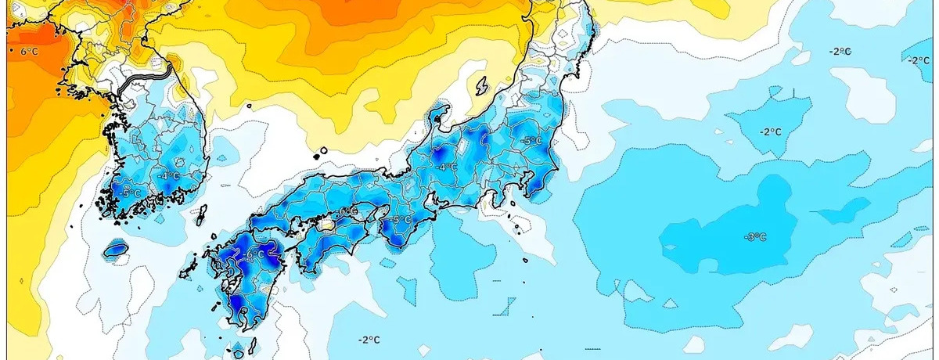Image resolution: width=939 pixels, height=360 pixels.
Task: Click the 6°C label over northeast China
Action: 29,52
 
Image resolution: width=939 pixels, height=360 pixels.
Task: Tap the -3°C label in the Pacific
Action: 755,236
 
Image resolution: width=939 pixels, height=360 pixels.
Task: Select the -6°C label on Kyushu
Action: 254,255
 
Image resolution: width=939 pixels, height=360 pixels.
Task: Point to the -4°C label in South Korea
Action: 168,175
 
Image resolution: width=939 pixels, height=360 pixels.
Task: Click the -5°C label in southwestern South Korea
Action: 131,193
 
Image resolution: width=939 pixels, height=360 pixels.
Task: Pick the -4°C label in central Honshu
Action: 447,167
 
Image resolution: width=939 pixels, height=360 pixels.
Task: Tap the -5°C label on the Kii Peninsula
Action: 401,221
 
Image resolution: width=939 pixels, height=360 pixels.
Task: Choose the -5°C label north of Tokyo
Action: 531,141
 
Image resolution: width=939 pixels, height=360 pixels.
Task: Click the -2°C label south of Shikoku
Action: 369,340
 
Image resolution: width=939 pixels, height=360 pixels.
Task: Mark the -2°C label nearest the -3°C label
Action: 771,131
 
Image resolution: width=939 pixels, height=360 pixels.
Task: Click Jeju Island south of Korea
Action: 116,250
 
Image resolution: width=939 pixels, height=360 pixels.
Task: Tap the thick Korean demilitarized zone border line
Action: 149,76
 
